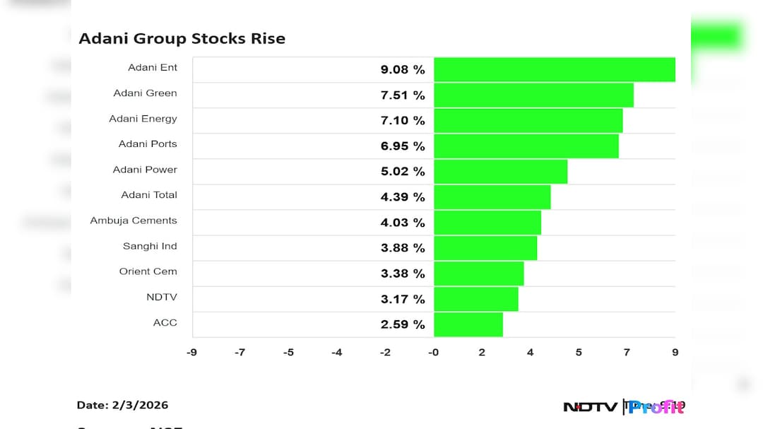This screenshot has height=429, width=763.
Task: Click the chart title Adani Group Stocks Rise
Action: point(182,38)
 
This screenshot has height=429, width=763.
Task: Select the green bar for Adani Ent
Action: point(554,69)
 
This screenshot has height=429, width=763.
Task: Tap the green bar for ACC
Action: point(468,324)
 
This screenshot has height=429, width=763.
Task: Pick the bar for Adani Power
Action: point(500,172)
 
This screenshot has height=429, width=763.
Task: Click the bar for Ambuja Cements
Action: point(487,223)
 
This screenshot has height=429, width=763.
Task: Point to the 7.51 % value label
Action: point(403,95)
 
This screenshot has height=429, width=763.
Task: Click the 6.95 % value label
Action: point(403,146)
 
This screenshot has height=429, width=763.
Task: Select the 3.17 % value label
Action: point(403,299)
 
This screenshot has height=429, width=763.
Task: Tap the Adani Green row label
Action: point(145,93)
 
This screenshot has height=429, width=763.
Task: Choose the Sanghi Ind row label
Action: point(150,246)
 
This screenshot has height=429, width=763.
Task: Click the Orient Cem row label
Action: point(148,271)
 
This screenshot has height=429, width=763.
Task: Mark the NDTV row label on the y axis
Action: point(161,297)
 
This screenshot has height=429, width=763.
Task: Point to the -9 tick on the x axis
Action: point(191,352)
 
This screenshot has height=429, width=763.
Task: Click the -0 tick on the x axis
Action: point(433,352)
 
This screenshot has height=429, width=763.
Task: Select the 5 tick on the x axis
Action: point(578,352)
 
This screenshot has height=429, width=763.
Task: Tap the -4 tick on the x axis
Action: point(336,352)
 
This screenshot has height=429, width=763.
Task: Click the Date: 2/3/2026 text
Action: point(122,406)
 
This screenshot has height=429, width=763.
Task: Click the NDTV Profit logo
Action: point(623,406)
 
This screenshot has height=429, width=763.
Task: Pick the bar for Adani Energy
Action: point(528,121)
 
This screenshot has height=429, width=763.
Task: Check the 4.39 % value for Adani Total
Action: point(403,197)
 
